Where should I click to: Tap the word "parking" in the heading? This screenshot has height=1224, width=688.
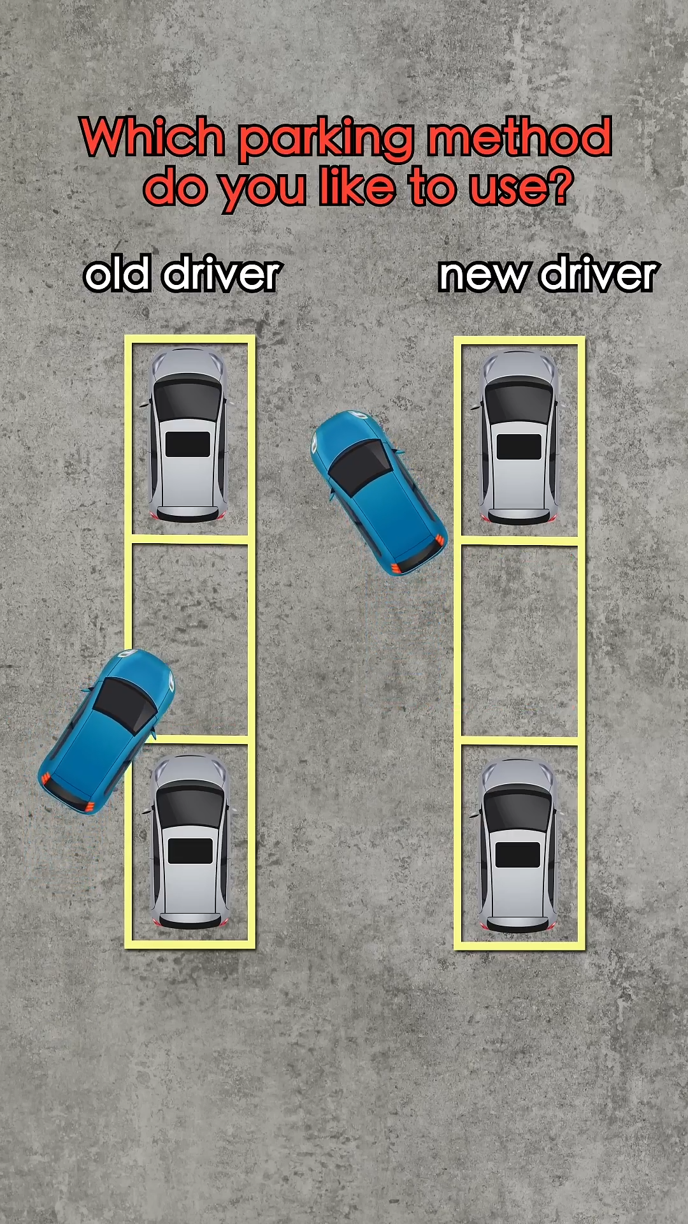coord(325,139)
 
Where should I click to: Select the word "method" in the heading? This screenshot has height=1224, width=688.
coord(519,137)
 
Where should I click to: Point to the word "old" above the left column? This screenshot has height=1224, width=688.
coord(117,275)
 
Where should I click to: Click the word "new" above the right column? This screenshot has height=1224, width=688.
coord(482,275)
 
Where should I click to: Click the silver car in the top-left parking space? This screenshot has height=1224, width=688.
coord(188,435)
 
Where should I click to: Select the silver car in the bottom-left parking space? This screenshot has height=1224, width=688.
coord(190,841)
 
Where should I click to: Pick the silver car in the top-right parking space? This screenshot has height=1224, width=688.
coord(519,437)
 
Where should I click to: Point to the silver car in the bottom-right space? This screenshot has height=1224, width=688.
coord(518,845)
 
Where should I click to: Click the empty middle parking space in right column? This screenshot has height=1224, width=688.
coord(519,641)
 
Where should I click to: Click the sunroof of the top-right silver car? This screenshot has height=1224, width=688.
coord(519,446)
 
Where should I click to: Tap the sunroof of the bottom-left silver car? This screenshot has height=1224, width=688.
coord(190,851)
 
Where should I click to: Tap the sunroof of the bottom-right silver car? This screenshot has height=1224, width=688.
coord(518,855)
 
